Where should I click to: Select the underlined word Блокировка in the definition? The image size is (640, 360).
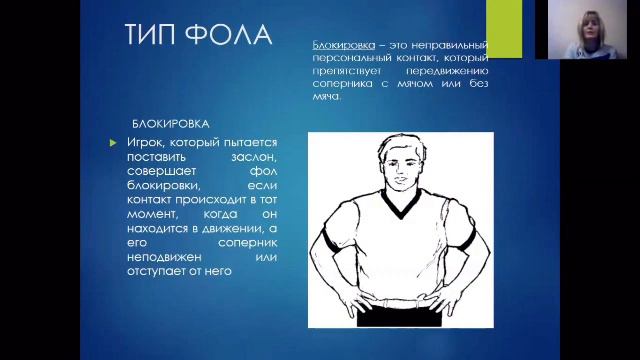point(341,46)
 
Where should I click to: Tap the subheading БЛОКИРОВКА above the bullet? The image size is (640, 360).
point(170,124)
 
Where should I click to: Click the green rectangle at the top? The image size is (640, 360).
point(503,28)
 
